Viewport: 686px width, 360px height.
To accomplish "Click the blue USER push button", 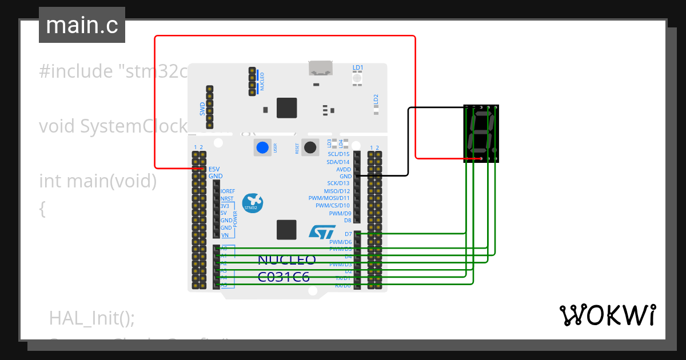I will click(x=262, y=147).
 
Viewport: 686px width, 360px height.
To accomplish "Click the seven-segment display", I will click(x=481, y=133).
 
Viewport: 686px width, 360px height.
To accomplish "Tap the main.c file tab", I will click(x=82, y=26).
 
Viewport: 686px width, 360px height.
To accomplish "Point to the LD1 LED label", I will click(x=358, y=68).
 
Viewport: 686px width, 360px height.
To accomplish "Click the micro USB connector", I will click(x=321, y=69).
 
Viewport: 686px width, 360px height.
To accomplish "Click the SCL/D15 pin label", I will click(x=338, y=154).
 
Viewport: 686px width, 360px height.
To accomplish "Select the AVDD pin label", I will click(x=344, y=169).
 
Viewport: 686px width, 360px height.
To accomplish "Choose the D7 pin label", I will click(x=348, y=234).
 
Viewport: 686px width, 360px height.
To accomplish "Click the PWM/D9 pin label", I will click(x=340, y=213).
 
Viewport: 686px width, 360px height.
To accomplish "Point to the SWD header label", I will click(x=202, y=109).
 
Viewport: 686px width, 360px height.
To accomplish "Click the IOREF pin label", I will click(x=228, y=191).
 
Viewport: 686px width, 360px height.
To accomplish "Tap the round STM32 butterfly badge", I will click(x=252, y=203).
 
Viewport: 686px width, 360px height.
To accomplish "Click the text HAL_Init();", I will click(x=92, y=318).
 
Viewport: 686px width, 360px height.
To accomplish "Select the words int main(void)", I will click(x=98, y=181).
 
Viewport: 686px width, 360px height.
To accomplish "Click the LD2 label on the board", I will click(x=376, y=99).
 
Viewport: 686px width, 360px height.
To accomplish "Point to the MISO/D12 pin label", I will click(x=337, y=191).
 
